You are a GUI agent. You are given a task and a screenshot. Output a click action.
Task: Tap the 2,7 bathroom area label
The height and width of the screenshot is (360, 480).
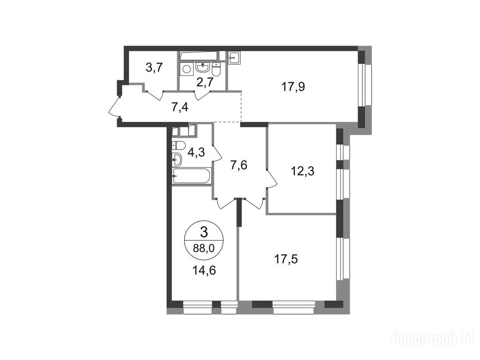[205, 82]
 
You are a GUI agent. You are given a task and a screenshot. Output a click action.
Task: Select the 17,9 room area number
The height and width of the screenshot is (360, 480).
[293, 87]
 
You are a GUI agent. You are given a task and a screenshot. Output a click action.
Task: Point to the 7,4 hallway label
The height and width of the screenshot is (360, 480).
[180, 108]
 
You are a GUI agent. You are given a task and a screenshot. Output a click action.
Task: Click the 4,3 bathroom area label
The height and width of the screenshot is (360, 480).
[196, 152]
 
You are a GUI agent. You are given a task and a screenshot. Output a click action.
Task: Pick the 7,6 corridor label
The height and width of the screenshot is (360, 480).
[239, 165]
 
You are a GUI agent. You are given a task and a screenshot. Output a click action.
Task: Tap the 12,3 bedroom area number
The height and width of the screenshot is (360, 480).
[302, 171]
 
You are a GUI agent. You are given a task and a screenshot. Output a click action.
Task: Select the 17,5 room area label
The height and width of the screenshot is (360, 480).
[285, 259]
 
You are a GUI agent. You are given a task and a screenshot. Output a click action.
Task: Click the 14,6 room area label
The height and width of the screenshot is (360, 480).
[204, 270]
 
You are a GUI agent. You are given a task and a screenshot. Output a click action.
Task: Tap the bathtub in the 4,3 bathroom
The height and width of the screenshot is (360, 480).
[192, 176]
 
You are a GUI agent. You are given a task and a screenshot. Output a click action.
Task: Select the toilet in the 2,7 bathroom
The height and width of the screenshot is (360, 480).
[216, 69]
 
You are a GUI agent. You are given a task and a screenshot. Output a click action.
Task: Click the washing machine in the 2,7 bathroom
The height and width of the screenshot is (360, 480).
[186, 69]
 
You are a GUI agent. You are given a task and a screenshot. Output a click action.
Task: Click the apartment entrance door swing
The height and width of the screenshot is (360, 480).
[114, 105]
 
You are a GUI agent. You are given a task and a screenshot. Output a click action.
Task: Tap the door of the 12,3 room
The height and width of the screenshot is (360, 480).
[271, 178]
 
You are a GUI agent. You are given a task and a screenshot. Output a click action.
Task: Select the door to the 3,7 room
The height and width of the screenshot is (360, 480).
[155, 95]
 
